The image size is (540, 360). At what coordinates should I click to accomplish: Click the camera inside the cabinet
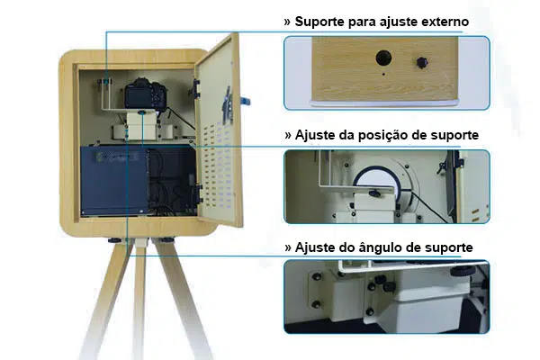coord(140,94)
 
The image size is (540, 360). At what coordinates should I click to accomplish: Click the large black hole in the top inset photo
coord(383,59)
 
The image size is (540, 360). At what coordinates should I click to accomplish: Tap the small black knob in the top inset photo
coord(420,63)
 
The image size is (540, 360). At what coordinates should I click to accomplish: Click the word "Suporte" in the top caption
coord(323,21)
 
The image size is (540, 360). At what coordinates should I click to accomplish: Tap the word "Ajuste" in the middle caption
coord(316,135)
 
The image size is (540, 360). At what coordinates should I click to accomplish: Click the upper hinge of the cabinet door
coord(196,87)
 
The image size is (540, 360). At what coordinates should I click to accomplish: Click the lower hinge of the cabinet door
coord(196,191)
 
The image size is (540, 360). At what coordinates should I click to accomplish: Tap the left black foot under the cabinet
coord(115,239)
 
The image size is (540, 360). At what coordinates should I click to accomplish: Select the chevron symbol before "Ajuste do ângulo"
coord(287,247)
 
